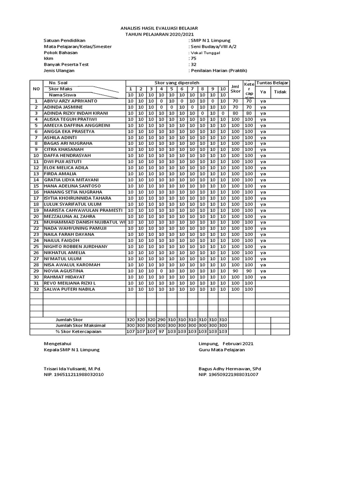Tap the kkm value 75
pyautogui.click(x=192, y=59)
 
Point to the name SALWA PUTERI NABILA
pyautogui.click(x=69, y=289)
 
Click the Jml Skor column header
pyautogui.click(x=235, y=89)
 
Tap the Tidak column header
pyautogui.click(x=280, y=92)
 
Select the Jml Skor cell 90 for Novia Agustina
pyautogui.click(x=235, y=271)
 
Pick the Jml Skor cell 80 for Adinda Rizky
pyautogui.click(x=235, y=113)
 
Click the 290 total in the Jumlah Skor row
pyautogui.click(x=161, y=320)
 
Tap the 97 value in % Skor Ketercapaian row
pyautogui.click(x=161, y=332)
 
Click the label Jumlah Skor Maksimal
pyautogui.click(x=81, y=326)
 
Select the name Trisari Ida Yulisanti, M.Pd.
pyautogui.click(x=72, y=368)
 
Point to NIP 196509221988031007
pyautogui.click(x=228, y=375)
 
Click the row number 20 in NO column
pyautogui.click(x=36, y=217)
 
